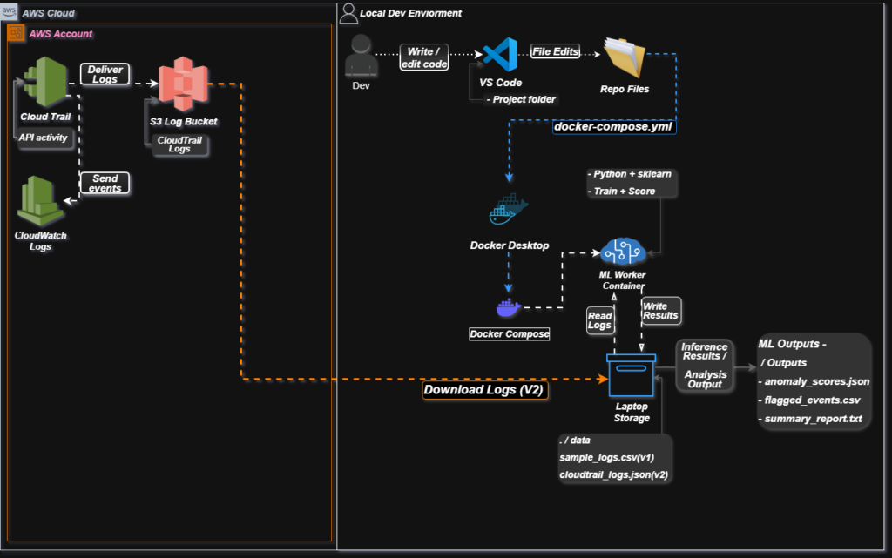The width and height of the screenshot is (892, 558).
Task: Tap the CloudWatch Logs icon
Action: pos(40,202)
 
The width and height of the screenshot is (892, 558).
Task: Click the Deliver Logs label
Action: pos(105,74)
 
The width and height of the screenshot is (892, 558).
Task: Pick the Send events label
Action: pos(105,183)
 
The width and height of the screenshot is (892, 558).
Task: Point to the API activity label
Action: pos(44,137)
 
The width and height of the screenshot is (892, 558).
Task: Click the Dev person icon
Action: pos(361,59)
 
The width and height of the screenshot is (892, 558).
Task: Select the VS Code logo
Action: pos(500,56)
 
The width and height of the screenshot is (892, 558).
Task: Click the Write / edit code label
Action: pos(423,57)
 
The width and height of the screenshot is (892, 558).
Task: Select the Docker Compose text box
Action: pos(510,333)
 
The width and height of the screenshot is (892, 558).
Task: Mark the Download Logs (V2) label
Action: pos(483,390)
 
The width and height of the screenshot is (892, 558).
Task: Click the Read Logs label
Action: pos(600,322)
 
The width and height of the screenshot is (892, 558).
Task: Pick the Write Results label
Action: pos(659,310)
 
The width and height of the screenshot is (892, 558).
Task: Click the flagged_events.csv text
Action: pos(811,400)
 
